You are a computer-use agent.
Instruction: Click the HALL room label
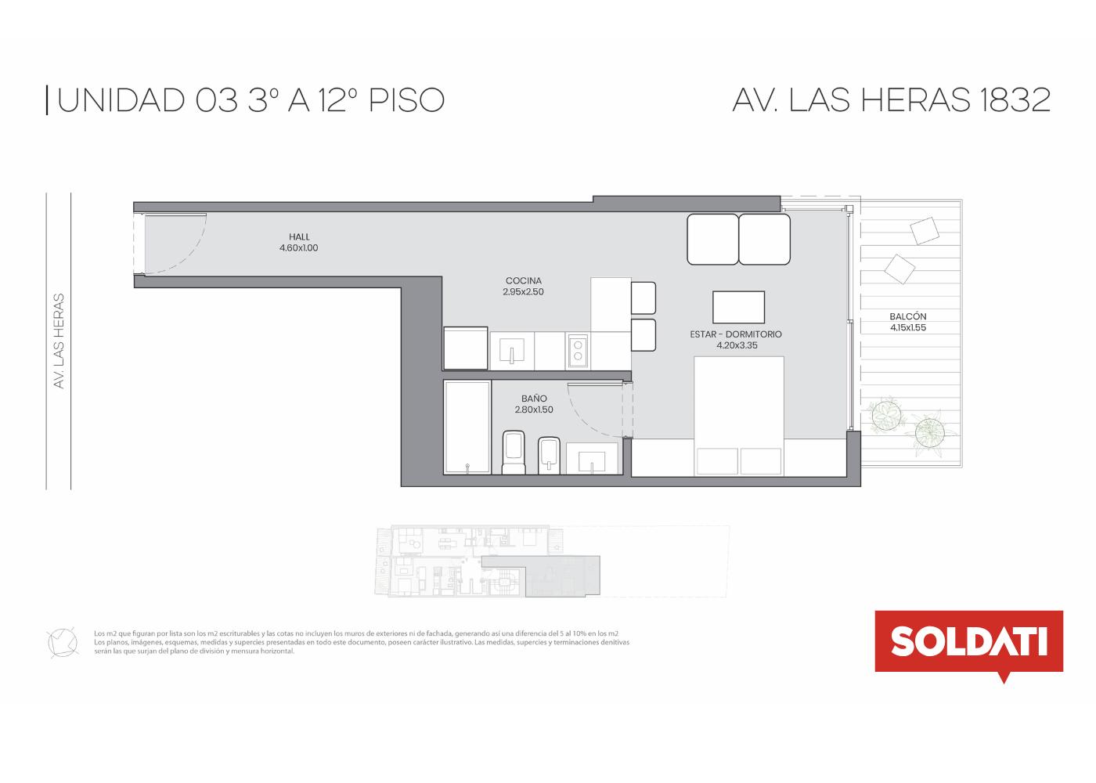pos(299,236)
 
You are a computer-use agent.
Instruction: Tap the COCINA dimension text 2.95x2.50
pos(523,291)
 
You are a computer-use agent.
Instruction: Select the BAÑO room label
pos(534,399)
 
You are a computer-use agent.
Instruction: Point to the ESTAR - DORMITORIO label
pos(736,334)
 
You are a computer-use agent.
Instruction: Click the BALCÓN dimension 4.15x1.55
pos(908,327)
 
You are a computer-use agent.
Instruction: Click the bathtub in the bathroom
pos(467,428)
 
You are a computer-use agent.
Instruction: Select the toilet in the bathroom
pos(514,453)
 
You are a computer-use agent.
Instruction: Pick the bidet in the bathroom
pos(549,455)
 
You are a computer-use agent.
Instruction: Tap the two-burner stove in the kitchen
pos(578,351)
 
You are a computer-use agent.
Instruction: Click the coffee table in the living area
pos(738,307)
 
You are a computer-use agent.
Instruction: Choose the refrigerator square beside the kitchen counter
pos(465,348)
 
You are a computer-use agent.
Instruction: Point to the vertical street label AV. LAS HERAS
pos(59,341)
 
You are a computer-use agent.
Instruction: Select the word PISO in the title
pos(406,100)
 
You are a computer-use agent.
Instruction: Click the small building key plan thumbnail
pos(552,562)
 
